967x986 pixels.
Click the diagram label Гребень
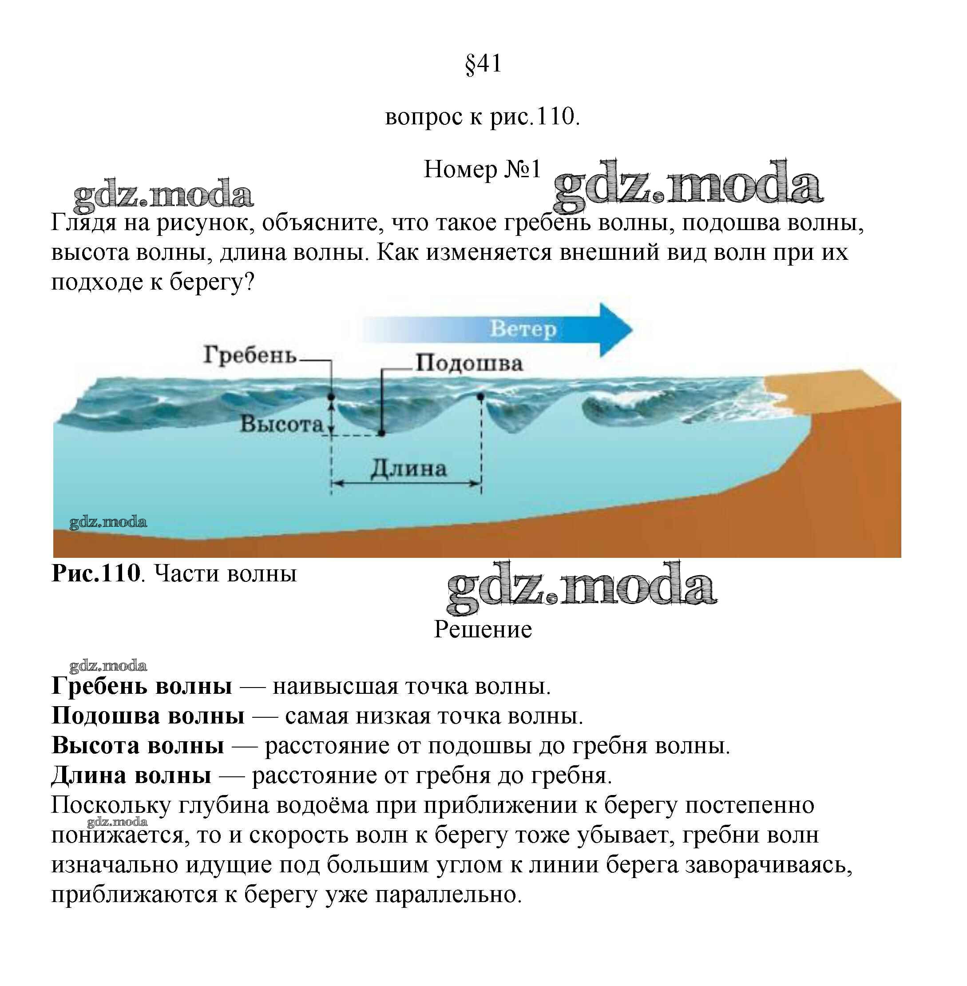point(250,354)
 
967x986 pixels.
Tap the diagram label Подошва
point(469,363)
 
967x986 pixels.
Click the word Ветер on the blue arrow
point(523,329)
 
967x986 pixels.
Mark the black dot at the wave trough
point(381,433)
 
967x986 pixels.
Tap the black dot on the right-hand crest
point(480,396)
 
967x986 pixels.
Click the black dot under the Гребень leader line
point(331,396)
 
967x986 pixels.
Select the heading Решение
point(483,629)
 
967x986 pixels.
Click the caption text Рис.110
point(96,573)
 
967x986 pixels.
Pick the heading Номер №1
point(483,169)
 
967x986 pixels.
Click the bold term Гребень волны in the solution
point(142,686)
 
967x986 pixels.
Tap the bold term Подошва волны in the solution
point(148,716)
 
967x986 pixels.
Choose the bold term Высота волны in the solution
point(138,745)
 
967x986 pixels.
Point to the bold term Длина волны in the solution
point(131,775)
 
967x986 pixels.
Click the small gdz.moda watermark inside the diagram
point(108,522)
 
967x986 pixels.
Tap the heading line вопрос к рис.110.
point(483,117)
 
